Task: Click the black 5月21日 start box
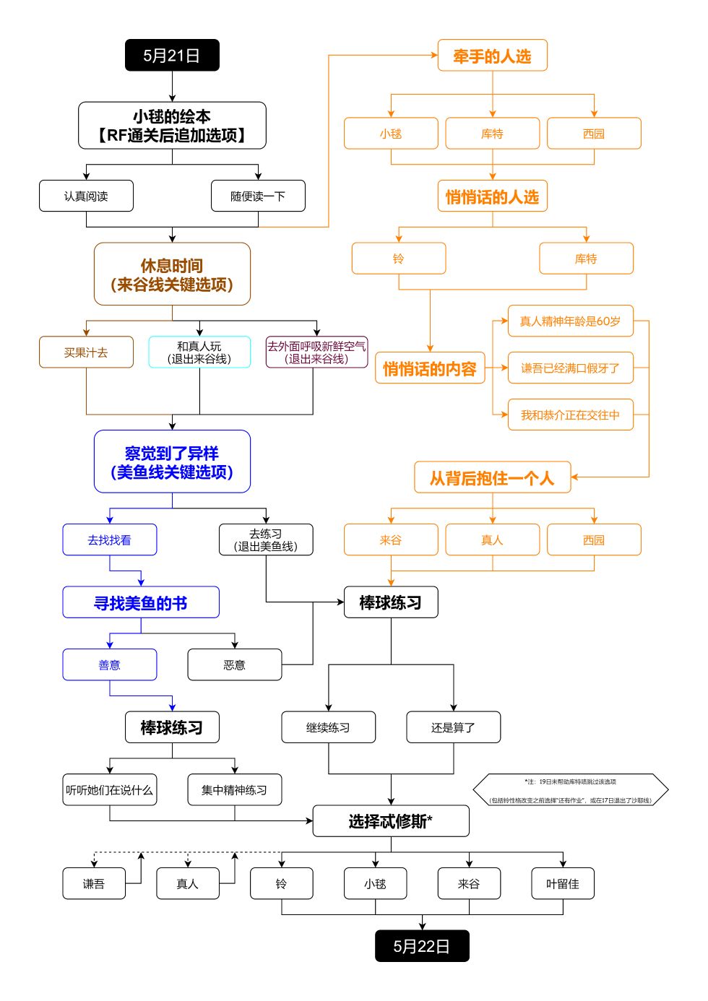pyautogui.click(x=172, y=56)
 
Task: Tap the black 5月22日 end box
pyautogui.click(x=422, y=946)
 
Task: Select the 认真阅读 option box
pyautogui.click(x=86, y=196)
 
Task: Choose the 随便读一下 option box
pyautogui.click(x=258, y=196)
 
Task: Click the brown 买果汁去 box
pyautogui.click(x=86, y=352)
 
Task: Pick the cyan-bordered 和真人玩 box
pyautogui.click(x=199, y=352)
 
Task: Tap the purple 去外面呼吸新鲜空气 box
pyautogui.click(x=316, y=352)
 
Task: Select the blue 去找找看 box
pyautogui.click(x=109, y=539)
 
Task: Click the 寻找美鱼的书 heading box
pyautogui.click(x=141, y=602)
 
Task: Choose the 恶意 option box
pyautogui.click(x=234, y=664)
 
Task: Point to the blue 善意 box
pyautogui.click(x=109, y=664)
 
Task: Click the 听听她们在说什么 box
pyautogui.click(x=109, y=790)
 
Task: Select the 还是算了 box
pyautogui.click(x=453, y=727)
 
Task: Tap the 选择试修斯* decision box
pyautogui.click(x=391, y=821)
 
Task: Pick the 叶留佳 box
pyautogui.click(x=563, y=883)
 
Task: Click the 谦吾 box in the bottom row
pyautogui.click(x=94, y=883)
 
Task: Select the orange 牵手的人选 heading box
pyautogui.click(x=492, y=56)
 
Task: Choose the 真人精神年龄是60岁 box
pyautogui.click(x=570, y=321)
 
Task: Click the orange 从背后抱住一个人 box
pyautogui.click(x=492, y=477)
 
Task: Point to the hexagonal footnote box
pyautogui.click(x=570, y=790)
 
